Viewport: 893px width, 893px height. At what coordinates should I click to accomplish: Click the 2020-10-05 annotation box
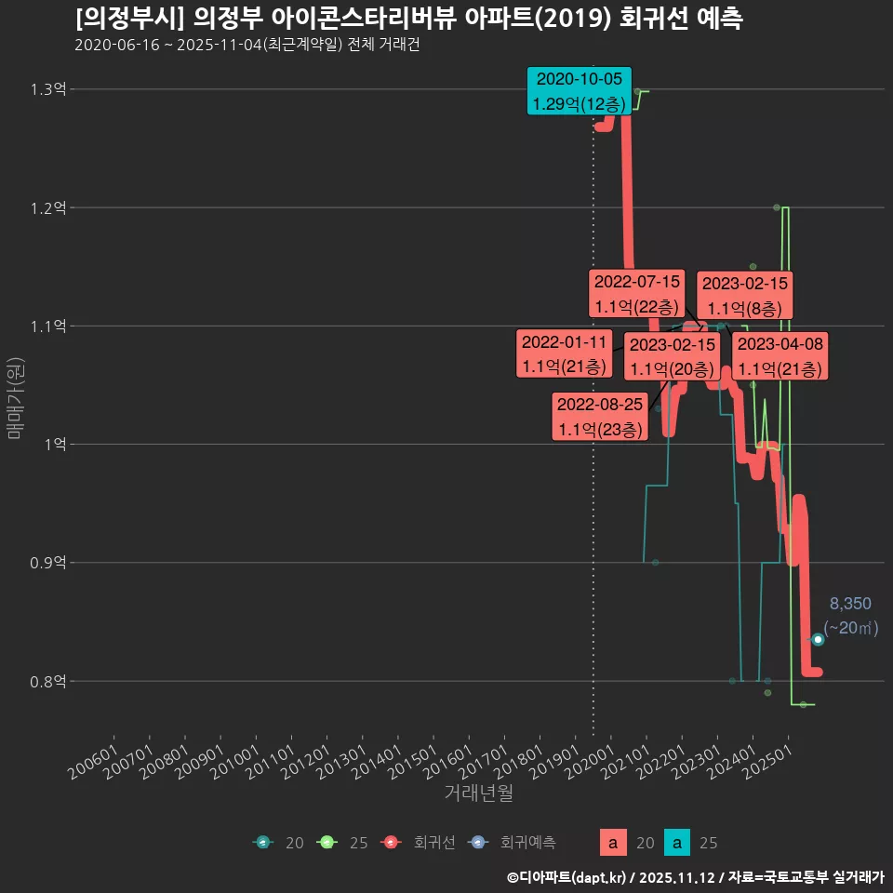click(579, 90)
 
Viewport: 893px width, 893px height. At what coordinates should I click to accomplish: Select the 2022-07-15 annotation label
click(637, 293)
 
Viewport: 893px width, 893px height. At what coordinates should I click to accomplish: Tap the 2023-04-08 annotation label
click(780, 356)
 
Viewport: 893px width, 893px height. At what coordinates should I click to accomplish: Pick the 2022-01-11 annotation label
click(565, 353)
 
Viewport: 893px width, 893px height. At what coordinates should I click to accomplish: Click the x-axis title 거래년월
click(478, 793)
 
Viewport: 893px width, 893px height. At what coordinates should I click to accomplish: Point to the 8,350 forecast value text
click(850, 604)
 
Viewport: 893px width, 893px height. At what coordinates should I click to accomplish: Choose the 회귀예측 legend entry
click(526, 843)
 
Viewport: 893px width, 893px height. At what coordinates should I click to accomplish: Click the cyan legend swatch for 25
click(680, 843)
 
